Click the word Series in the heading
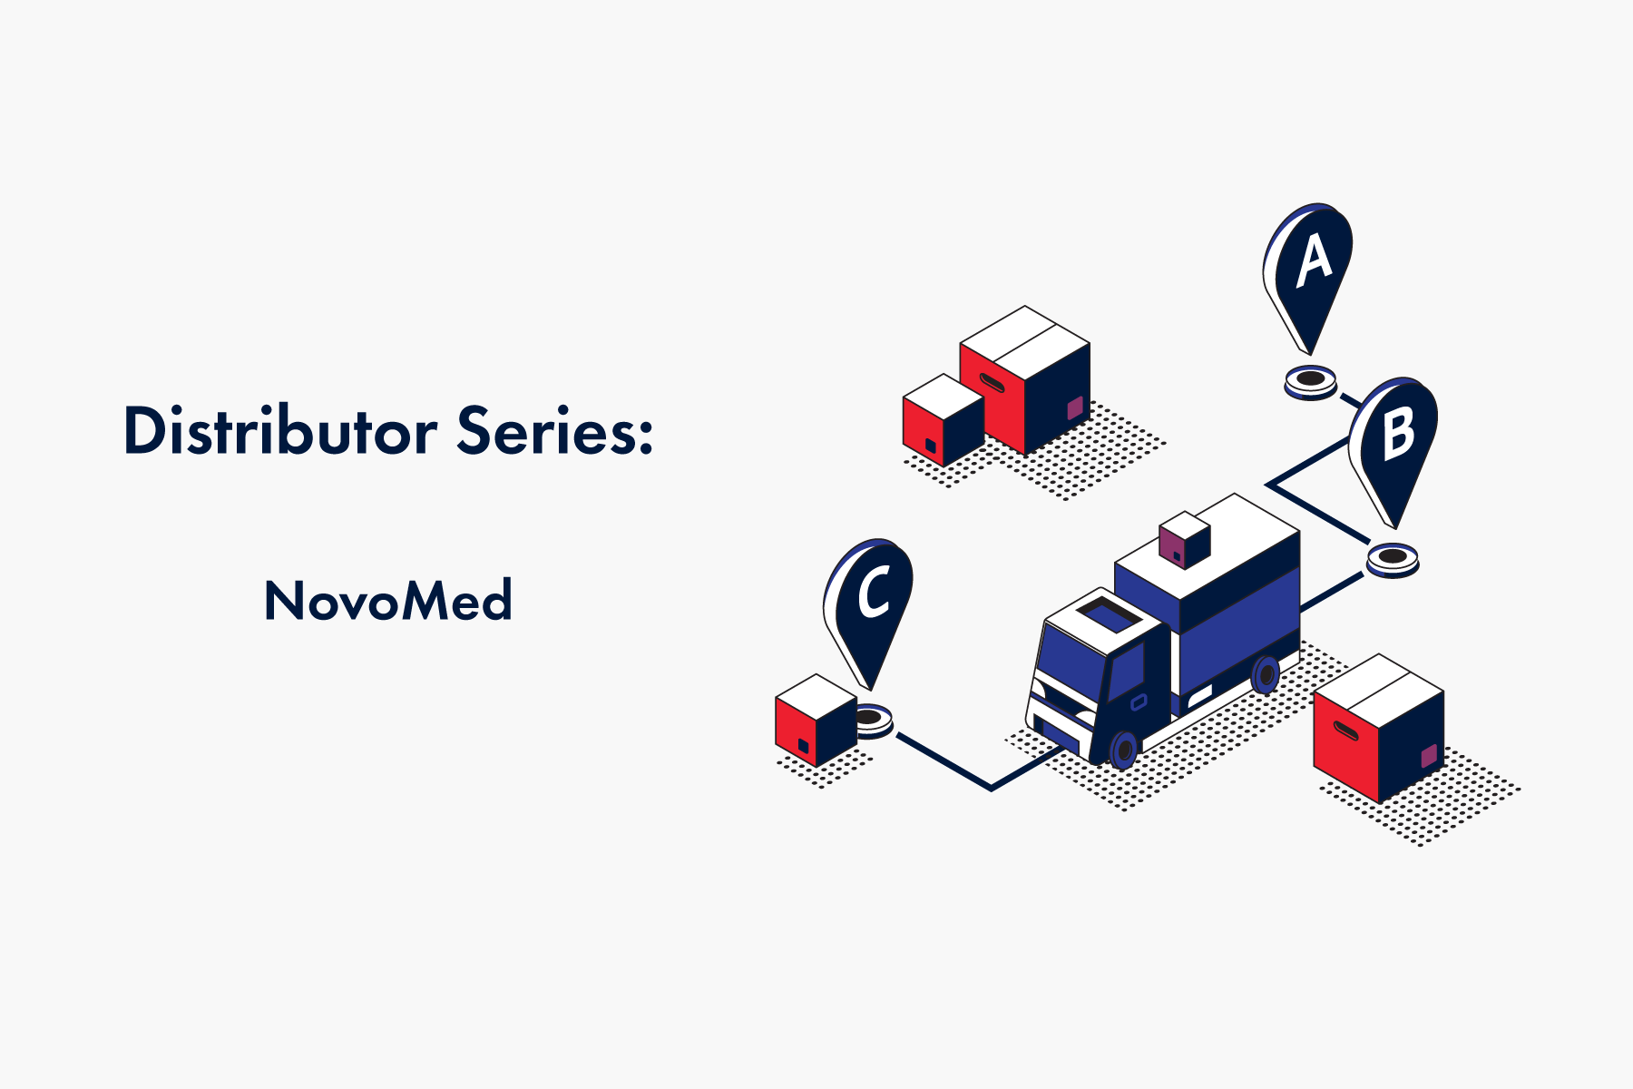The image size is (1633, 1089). pos(554,430)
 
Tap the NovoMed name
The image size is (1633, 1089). pos(388,600)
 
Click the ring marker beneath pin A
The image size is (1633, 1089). pos(1311,381)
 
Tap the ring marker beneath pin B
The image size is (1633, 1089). pos(1393,559)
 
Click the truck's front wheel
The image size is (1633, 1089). pos(1123,750)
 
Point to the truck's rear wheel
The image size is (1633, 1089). pos(1265,674)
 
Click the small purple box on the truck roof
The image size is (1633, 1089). pos(1184,540)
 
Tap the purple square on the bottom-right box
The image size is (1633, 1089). pos(1429,756)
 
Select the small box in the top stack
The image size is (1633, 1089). pos(944,420)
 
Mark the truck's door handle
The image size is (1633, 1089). pos(1139,701)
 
